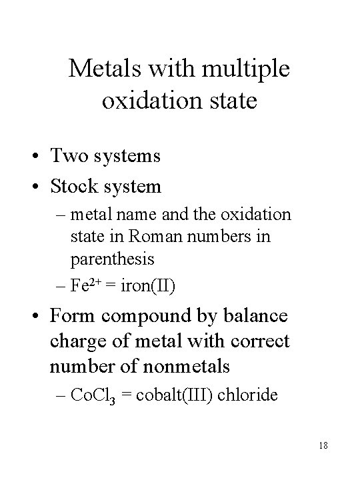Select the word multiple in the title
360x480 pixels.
(x=251, y=69)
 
